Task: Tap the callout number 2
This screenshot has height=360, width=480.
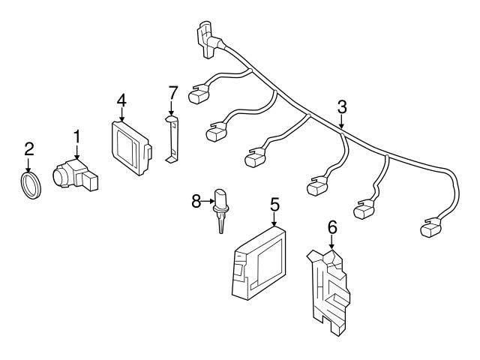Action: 29,148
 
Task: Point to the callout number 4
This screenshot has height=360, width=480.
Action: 121,99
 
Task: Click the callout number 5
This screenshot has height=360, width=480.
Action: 274,202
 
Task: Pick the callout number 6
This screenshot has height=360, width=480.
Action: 331,225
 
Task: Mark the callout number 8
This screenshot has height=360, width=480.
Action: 196,201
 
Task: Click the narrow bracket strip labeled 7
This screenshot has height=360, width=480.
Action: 172,139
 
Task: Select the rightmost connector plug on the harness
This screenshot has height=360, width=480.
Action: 435,226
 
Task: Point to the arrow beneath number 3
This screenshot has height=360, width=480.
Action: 341,122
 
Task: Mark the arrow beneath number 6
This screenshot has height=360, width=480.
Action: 331,241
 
